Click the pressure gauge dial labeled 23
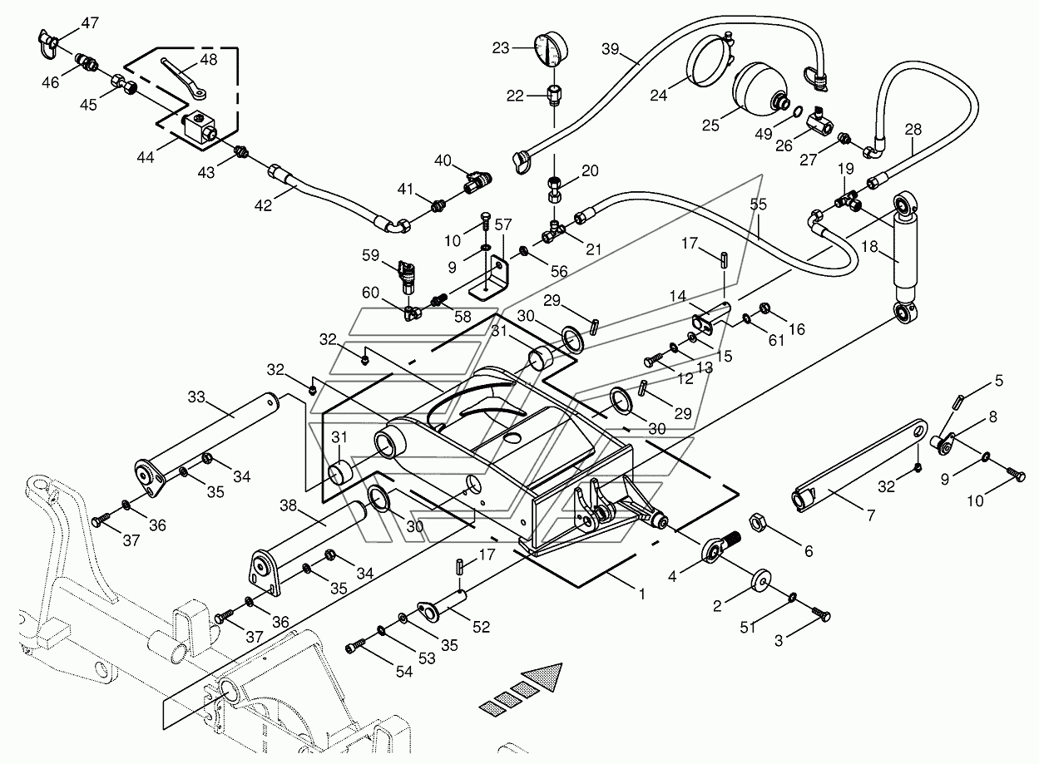click(551, 49)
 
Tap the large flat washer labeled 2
click(760, 580)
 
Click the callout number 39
click(610, 49)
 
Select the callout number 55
click(758, 204)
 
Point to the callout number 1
click(642, 594)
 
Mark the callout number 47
click(90, 22)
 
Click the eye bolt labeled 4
click(720, 548)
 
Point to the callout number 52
click(480, 627)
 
